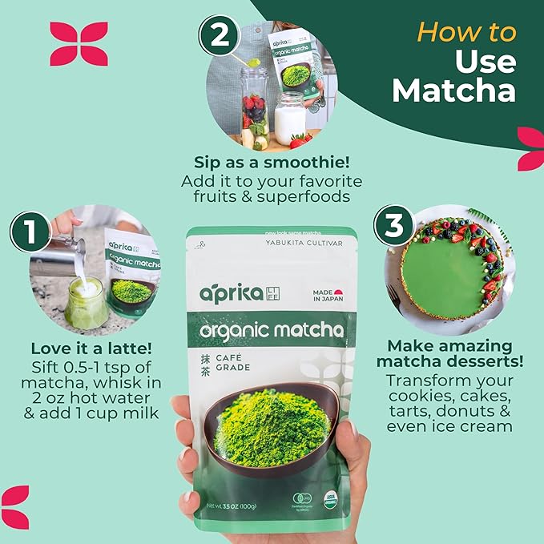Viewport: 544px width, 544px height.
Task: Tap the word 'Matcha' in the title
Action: [x=453, y=91]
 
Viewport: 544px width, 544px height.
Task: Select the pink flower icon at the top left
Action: [x=79, y=43]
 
